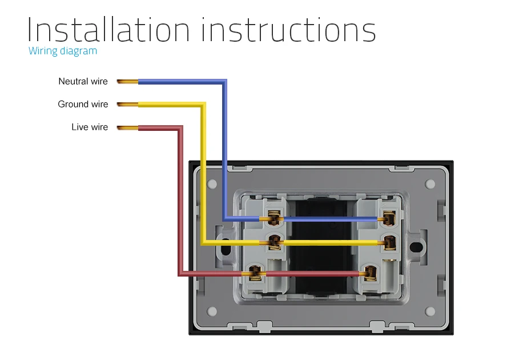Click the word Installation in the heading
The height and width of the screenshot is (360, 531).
[x=108, y=30]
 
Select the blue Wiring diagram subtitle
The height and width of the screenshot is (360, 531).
[x=63, y=51]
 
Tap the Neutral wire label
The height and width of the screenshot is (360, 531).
[x=83, y=82]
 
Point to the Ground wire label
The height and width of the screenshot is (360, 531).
[x=83, y=105]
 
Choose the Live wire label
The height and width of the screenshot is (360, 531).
[x=90, y=127]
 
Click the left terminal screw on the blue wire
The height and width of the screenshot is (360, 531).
[x=274, y=218]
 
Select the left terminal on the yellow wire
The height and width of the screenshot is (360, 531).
[x=274, y=242]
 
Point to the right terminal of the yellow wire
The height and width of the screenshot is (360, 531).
[x=389, y=242]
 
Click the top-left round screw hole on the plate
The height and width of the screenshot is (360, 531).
[x=213, y=185]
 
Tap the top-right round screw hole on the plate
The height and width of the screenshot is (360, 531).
[x=429, y=185]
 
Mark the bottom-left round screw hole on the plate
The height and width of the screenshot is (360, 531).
[x=213, y=311]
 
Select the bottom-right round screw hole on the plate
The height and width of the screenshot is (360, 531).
[x=429, y=311]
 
